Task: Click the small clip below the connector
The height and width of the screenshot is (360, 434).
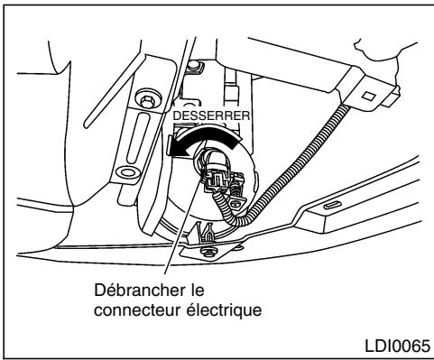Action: pos(206,236)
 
